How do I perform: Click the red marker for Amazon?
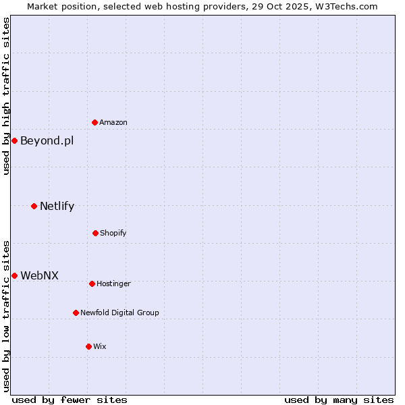[x=95, y=122]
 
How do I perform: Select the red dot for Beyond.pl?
[x=14, y=140]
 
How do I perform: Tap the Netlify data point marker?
[x=34, y=206]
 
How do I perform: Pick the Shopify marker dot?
[x=95, y=233]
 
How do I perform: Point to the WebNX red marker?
[x=14, y=275]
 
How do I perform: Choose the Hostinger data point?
[x=92, y=283]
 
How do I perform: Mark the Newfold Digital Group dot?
[x=76, y=313]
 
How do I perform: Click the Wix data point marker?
[x=88, y=346]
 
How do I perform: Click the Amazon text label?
[x=113, y=122]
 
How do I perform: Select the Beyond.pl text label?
[x=47, y=140]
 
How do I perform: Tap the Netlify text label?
[x=57, y=206]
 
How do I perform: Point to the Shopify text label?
[x=113, y=233]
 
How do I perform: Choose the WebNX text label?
[x=39, y=275]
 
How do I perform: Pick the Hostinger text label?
[x=113, y=283]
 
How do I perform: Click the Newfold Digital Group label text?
[x=119, y=313]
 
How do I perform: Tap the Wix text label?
[x=100, y=346]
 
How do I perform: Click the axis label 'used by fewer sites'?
[x=70, y=400]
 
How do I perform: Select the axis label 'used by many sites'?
[x=339, y=400]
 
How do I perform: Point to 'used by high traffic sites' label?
[x=6, y=96]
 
